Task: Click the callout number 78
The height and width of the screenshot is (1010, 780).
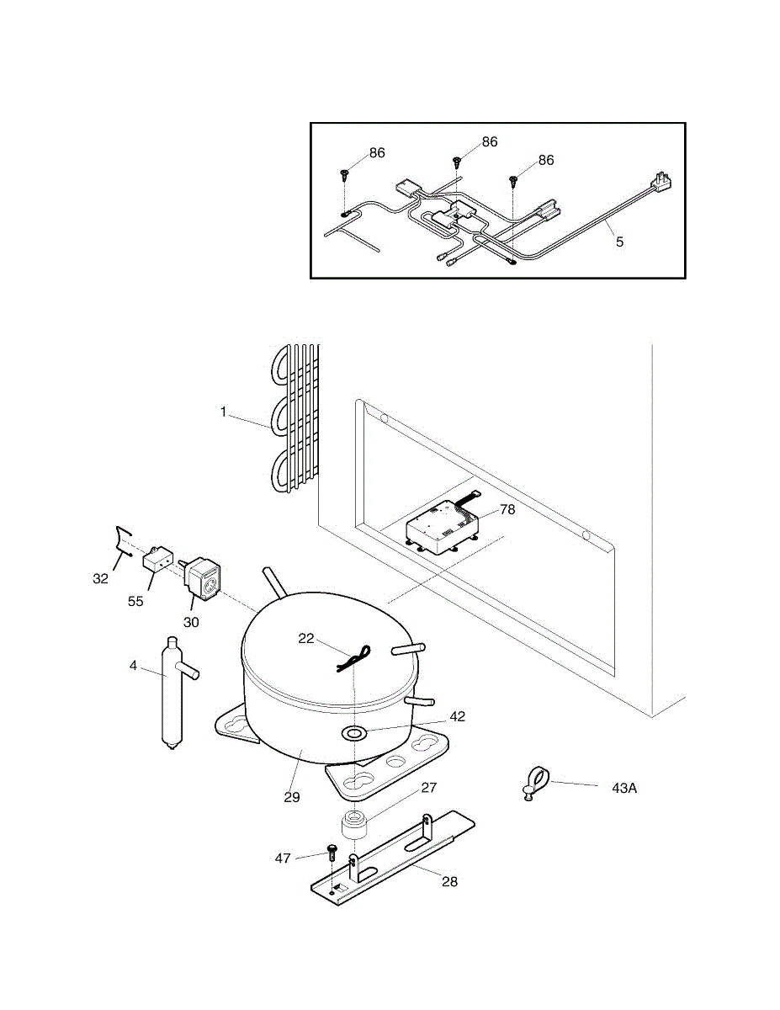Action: click(507, 509)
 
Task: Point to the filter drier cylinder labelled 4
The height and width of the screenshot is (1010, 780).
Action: click(172, 693)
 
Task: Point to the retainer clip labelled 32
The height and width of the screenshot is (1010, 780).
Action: click(124, 542)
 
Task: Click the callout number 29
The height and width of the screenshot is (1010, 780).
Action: click(292, 797)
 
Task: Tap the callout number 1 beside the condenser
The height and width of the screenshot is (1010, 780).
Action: click(223, 412)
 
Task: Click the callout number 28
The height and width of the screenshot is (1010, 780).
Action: click(450, 882)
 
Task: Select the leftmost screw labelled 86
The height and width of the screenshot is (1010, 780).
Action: click(345, 175)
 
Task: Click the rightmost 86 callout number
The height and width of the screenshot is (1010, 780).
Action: click(546, 160)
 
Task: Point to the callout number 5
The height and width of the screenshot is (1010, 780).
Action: click(620, 242)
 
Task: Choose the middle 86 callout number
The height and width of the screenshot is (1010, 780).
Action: click(491, 142)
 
